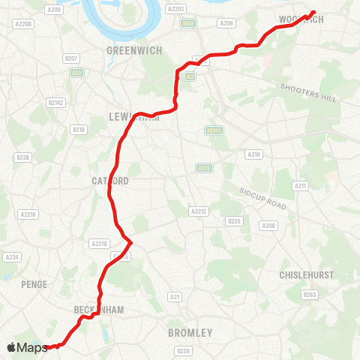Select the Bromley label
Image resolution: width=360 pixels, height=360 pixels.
point(190,332)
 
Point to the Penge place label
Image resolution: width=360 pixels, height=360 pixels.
point(35,284)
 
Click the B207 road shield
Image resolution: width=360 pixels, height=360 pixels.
point(72,58)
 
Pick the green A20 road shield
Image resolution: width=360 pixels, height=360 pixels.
point(76,73)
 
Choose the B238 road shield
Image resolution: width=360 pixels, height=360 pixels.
point(22,157)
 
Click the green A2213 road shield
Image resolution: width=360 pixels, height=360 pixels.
point(214,130)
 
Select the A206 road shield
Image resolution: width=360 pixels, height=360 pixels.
point(226,23)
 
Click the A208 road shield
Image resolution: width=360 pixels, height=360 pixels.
point(268,225)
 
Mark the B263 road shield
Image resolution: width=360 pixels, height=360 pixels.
point(310,295)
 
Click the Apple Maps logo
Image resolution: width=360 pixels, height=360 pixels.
point(27,347)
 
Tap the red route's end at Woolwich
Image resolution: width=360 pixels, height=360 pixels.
point(313,12)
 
